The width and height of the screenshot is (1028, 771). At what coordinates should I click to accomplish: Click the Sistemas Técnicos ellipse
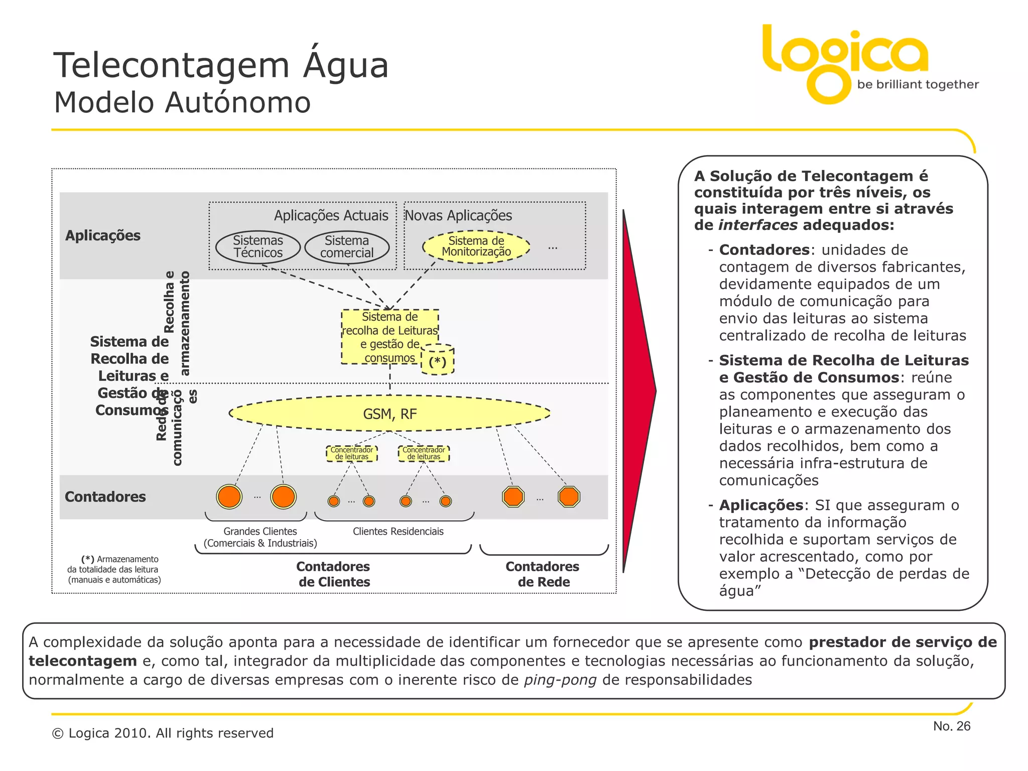pyautogui.click(x=258, y=247)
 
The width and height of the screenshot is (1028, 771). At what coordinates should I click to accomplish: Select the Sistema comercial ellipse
pyautogui.click(x=347, y=247)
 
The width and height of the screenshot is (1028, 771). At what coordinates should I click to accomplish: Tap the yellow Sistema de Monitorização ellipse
pyautogui.click(x=476, y=246)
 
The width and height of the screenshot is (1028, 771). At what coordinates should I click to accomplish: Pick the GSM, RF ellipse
pyautogui.click(x=390, y=414)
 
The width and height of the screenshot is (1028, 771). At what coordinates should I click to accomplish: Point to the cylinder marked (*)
pyautogui.click(x=437, y=360)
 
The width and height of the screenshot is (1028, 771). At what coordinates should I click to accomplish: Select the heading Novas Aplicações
pyautogui.click(x=458, y=215)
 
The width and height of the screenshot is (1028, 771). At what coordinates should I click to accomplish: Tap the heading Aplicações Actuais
pyautogui.click(x=331, y=215)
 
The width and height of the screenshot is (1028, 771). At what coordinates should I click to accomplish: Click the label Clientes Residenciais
pyautogui.click(x=398, y=531)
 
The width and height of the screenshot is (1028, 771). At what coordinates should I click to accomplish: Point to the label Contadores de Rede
pyautogui.click(x=543, y=574)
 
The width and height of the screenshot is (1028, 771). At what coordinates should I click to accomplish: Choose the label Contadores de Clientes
pyautogui.click(x=333, y=574)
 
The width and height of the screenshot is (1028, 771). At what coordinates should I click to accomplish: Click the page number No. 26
pyautogui.click(x=952, y=726)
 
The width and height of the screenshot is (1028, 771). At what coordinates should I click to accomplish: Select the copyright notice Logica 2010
pyautogui.click(x=163, y=733)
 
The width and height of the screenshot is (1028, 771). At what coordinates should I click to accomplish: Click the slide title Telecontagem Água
pyautogui.click(x=221, y=65)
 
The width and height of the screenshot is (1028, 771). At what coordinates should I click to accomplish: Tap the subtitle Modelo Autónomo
pyautogui.click(x=182, y=102)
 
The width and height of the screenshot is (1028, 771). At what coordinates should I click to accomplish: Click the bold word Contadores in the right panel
pyautogui.click(x=764, y=250)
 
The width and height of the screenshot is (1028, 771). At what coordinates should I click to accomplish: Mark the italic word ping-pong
pyautogui.click(x=560, y=680)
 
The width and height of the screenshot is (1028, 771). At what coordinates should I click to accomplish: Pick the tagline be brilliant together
pyautogui.click(x=918, y=84)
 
